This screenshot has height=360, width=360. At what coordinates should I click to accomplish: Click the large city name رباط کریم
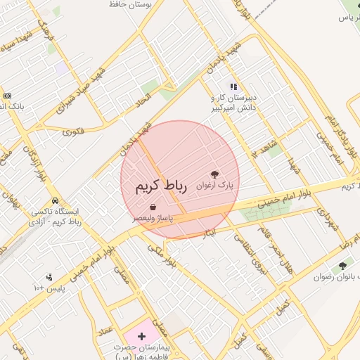click(x=161, y=186)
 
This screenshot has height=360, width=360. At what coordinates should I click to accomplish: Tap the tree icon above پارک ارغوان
click(x=214, y=173)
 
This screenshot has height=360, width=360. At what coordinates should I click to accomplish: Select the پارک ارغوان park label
click(x=214, y=186)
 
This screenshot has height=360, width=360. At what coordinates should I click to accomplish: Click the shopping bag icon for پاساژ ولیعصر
click(x=153, y=207)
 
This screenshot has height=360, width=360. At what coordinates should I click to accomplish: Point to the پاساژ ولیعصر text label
click(x=153, y=219)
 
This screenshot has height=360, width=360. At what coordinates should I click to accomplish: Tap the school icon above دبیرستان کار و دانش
click(x=233, y=86)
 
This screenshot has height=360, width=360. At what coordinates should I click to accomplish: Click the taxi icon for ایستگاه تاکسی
click(x=55, y=200)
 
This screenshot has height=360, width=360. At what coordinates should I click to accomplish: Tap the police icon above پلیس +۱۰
click(x=49, y=277)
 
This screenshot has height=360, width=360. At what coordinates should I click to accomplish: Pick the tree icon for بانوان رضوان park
click(x=342, y=266)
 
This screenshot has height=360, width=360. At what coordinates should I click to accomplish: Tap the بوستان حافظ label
click(x=127, y=4)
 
